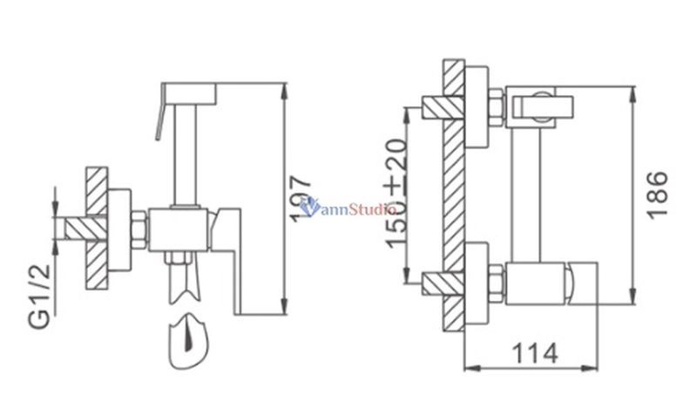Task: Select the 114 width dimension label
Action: [533, 355]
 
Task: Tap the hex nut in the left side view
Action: [138, 228]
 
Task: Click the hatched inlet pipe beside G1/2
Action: [78, 228]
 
